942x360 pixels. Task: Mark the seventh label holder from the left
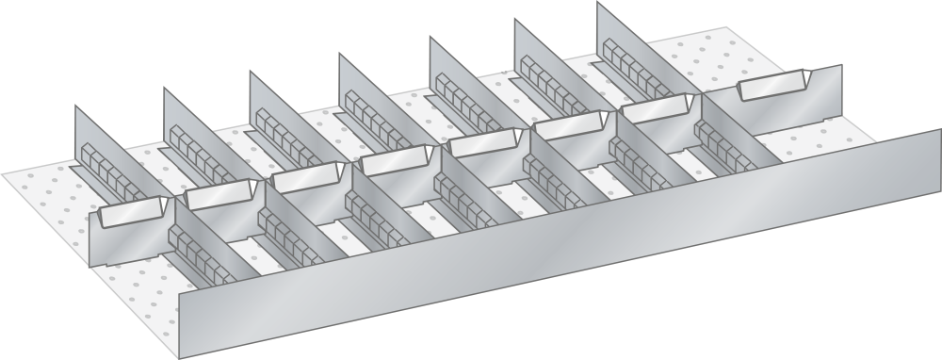[658, 109]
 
